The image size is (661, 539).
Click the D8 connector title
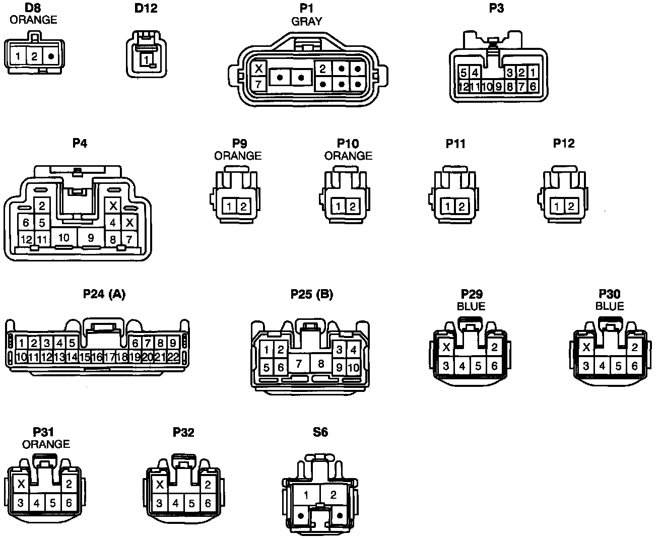coord(33,8)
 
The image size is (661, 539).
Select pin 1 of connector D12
coord(146,60)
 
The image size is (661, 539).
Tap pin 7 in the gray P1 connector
coord(258,84)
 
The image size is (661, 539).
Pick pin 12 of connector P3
coord(464,87)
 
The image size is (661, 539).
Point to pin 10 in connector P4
coord(63,237)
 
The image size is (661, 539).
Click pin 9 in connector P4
coord(91,237)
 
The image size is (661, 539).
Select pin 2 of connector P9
coord(243,207)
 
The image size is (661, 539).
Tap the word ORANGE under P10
coord(348,156)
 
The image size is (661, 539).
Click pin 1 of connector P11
coord(448,207)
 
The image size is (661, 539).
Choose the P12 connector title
coord(563,143)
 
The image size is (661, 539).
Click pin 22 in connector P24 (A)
coord(173,357)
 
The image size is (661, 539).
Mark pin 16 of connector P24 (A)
coord(97,357)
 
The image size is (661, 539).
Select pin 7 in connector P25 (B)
coord(298,363)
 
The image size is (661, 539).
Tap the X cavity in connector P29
coord(446,347)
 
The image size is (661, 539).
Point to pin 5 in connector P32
coord(191,503)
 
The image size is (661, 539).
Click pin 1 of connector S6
coord(306,495)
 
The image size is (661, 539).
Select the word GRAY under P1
coord(306,21)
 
